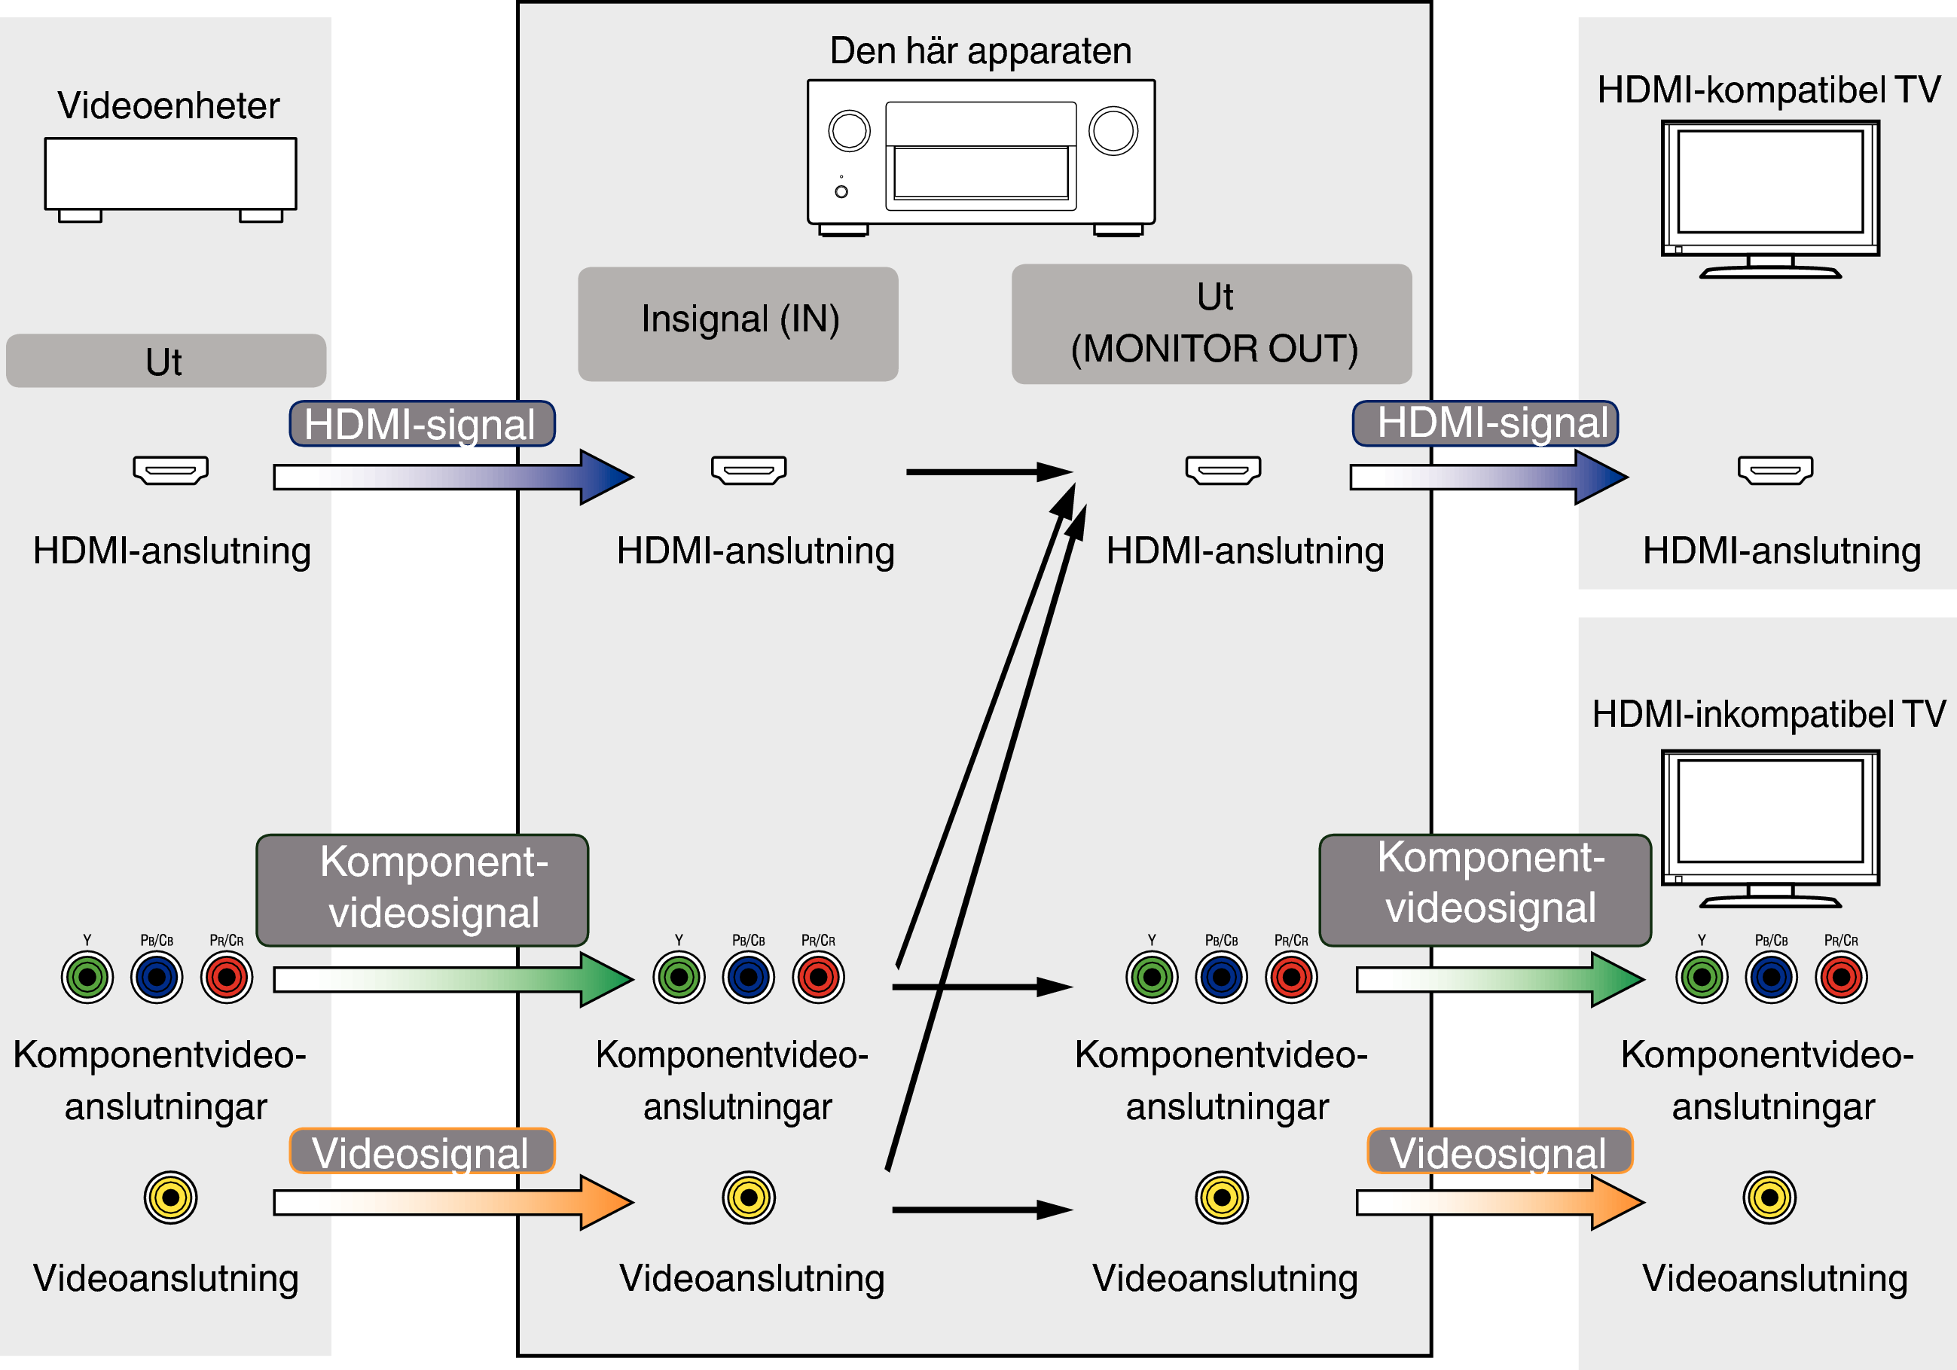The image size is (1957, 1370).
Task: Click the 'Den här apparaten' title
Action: (x=980, y=51)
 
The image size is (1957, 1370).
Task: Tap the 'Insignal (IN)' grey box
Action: (x=738, y=323)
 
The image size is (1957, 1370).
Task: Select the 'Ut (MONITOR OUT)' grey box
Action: (x=1211, y=323)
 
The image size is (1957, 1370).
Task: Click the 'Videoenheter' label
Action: (x=168, y=105)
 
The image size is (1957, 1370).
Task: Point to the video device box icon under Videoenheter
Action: (x=170, y=175)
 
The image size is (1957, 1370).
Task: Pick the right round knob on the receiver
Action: (x=1113, y=131)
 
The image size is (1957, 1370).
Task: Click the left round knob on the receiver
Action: (x=849, y=131)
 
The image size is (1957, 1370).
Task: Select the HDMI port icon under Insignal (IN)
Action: (x=748, y=469)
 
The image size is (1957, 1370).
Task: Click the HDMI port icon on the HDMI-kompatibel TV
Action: (x=1775, y=469)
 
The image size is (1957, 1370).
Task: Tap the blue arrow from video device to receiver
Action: (x=452, y=477)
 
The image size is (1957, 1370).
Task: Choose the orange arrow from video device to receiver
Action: (x=452, y=1202)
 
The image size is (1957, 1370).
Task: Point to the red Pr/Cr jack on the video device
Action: (x=227, y=978)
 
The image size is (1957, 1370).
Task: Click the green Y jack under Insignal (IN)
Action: (x=679, y=978)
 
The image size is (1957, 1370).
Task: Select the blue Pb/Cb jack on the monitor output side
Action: (x=1221, y=978)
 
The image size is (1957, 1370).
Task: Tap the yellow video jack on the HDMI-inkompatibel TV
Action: (x=1769, y=1197)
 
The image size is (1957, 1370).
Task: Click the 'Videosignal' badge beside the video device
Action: (x=422, y=1152)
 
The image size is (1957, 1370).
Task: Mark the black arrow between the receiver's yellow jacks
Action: (x=980, y=1209)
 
